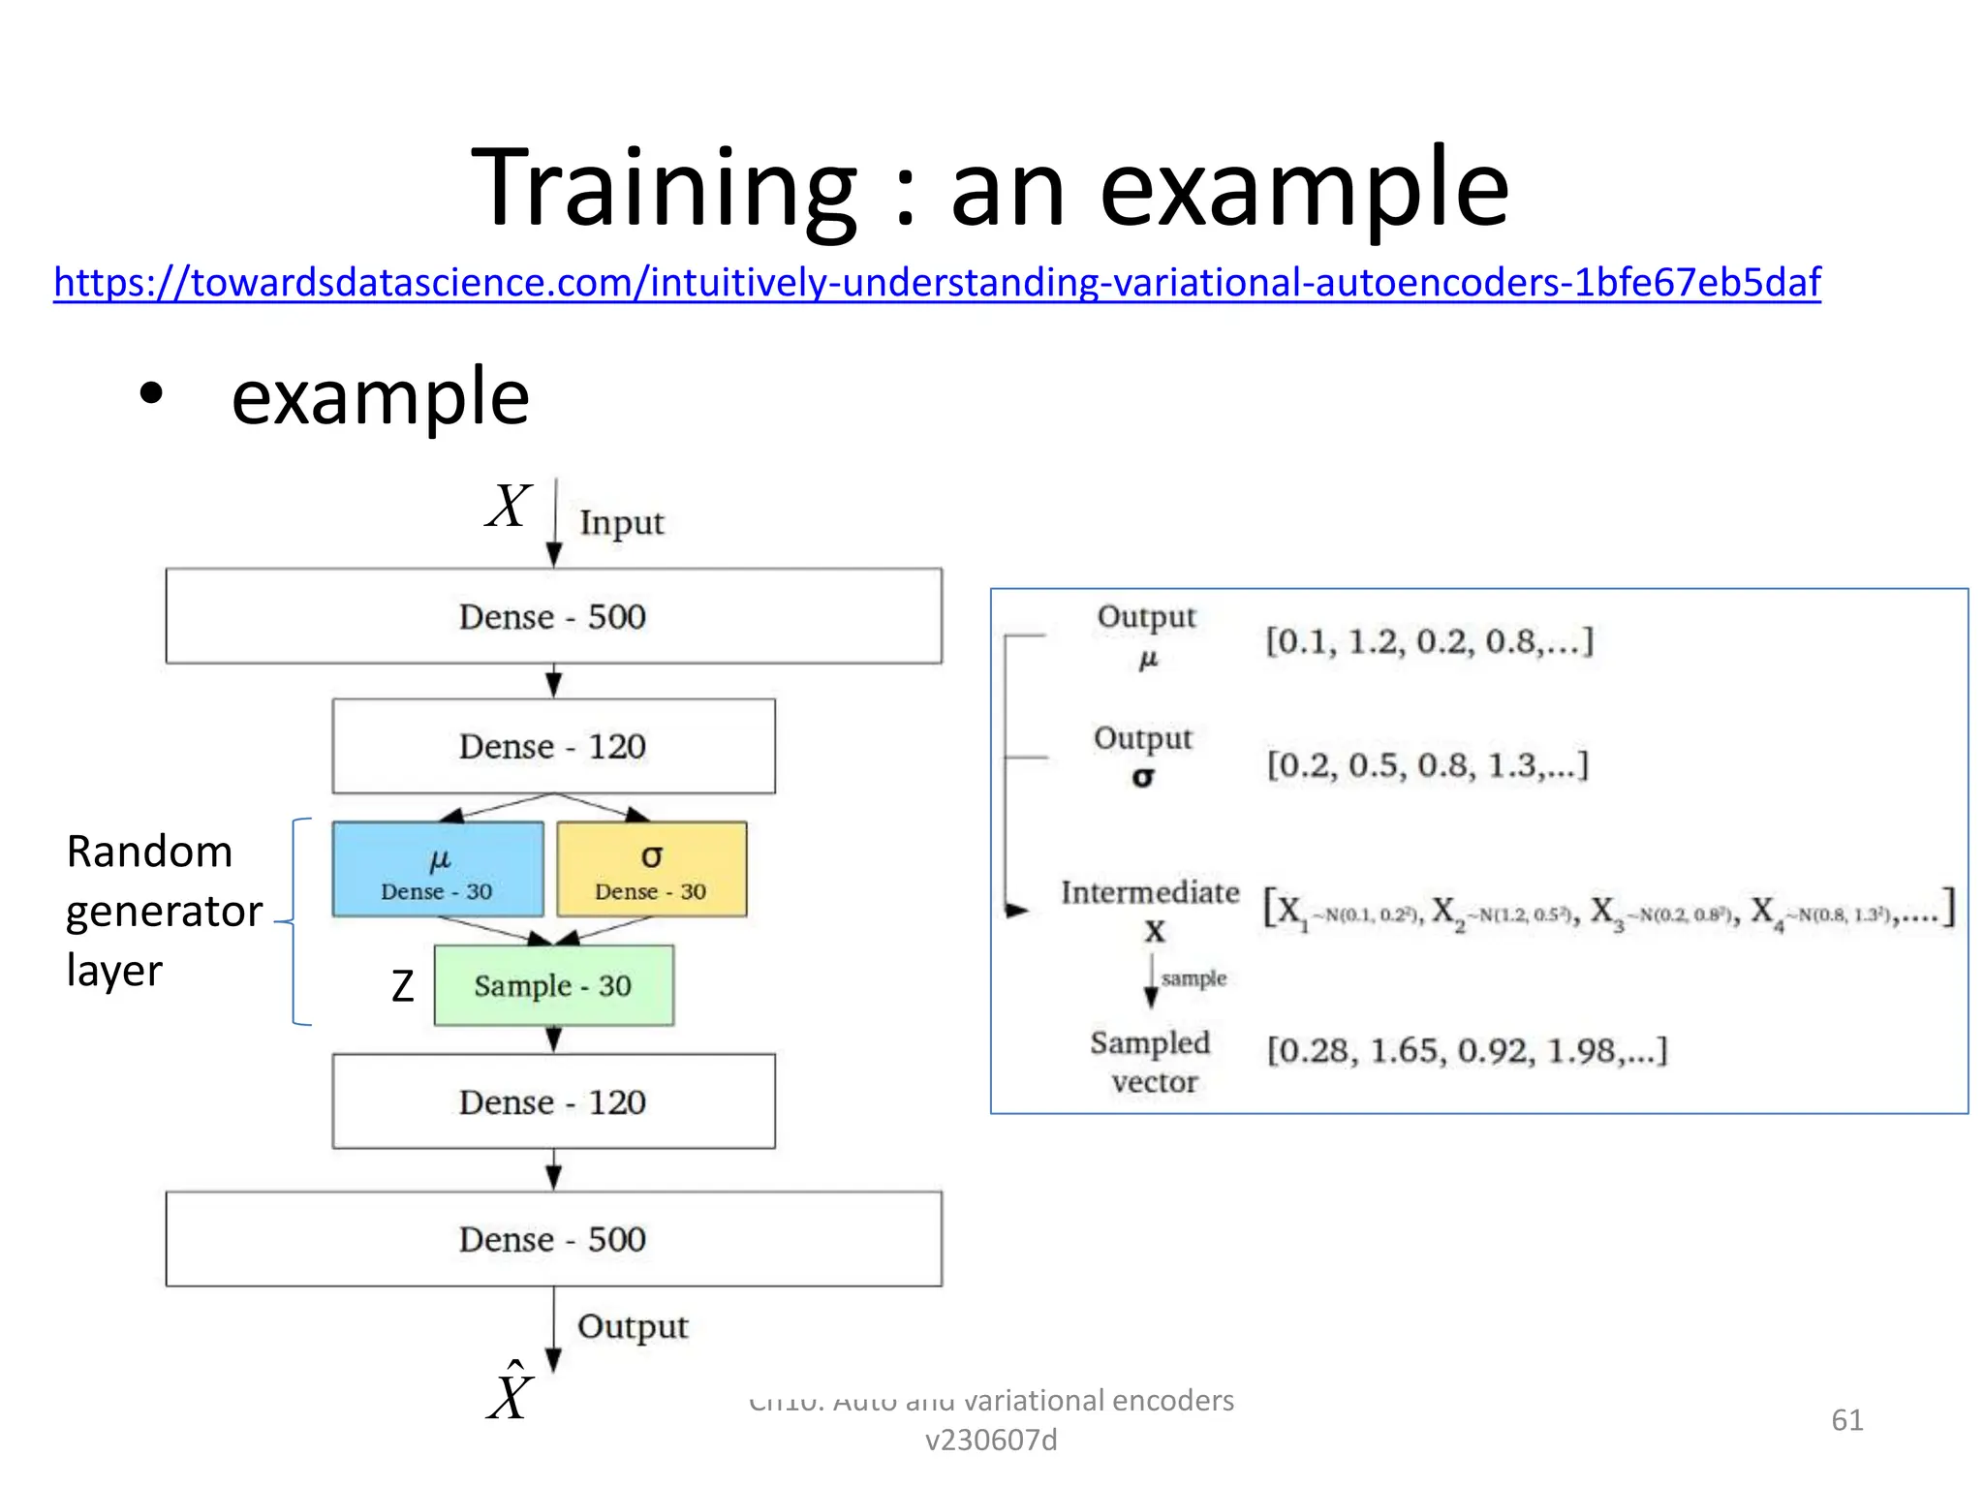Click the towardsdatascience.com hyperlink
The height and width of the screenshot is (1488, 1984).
click(936, 283)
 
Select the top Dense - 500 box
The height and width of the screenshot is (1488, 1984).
click(553, 616)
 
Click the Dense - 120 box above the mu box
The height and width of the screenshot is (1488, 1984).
click(553, 746)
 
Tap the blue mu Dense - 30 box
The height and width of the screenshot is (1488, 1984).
click(438, 869)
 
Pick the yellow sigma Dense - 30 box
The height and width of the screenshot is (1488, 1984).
click(651, 869)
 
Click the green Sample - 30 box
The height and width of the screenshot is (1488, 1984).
click(553, 985)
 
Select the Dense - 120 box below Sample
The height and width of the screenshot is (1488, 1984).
click(553, 1101)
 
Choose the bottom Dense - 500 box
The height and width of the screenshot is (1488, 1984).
click(553, 1239)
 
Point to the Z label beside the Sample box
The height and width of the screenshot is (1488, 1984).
click(403, 986)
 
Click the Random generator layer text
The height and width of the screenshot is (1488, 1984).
click(163, 911)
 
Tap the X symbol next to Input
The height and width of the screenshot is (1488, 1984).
click(509, 507)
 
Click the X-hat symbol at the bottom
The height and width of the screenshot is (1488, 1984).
click(511, 1395)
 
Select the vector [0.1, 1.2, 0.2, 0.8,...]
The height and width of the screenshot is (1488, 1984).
click(1429, 641)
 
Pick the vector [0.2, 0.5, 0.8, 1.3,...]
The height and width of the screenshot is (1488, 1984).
click(1428, 765)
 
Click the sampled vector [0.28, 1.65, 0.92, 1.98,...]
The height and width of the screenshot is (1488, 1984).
click(1467, 1050)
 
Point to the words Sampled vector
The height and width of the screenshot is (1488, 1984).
click(1152, 1062)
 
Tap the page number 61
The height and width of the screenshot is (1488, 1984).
click(1846, 1420)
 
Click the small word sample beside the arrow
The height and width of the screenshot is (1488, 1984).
click(1193, 978)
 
